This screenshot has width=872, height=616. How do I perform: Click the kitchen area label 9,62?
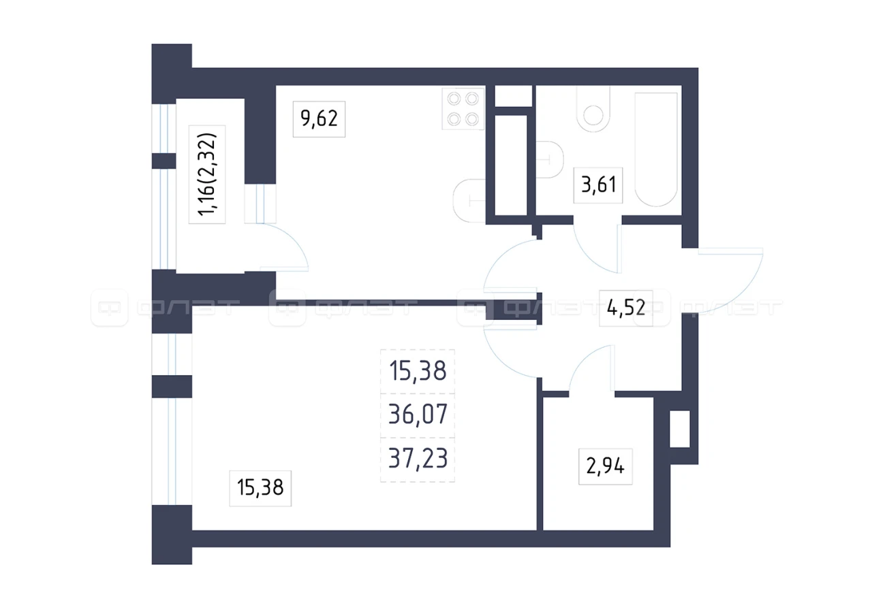[319, 118]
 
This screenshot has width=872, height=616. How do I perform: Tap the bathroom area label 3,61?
[598, 184]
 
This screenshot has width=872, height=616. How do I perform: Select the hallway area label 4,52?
[626, 307]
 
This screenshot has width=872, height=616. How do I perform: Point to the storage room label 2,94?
[606, 466]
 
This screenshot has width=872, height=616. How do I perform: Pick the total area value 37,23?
[418, 459]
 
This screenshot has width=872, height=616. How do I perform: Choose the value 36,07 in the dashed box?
[418, 415]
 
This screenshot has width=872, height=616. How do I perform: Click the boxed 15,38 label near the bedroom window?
[260, 487]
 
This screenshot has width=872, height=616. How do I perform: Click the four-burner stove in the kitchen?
[463, 109]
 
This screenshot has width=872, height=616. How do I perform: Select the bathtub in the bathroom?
[656, 149]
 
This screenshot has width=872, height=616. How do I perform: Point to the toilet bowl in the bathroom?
[593, 110]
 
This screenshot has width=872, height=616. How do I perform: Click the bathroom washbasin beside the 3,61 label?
[550, 159]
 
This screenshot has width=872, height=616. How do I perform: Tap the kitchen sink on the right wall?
[469, 201]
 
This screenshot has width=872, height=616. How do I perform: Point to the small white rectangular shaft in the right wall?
[680, 429]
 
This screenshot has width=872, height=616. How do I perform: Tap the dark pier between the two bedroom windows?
[172, 386]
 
